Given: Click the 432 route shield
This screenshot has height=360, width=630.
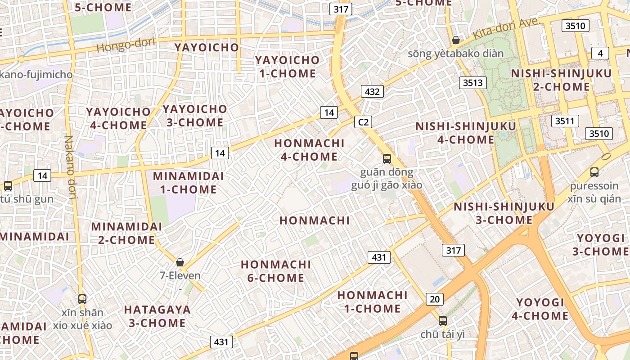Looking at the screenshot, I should pos(372,92).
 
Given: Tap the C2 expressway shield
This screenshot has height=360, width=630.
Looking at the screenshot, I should pos(363,121).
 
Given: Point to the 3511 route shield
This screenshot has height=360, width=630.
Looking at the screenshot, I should pos(565,121).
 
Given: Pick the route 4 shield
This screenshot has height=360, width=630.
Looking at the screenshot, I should pos(600,53).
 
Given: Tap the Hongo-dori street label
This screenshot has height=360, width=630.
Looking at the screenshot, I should pos(126,45).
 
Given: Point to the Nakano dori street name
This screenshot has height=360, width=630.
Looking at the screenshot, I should pos(70,166).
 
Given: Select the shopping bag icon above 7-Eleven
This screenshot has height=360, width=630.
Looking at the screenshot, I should pos(180,262).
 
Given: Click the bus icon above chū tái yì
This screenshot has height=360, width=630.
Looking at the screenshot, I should pos(443,321).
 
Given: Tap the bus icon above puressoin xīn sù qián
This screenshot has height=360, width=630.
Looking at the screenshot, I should pos(594,172).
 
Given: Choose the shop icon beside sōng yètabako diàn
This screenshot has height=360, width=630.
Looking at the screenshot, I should pos(456,40).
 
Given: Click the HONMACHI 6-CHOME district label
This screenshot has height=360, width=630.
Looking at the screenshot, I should pos(275,271).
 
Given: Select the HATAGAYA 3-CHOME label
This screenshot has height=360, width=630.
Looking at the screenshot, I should pos(157,316).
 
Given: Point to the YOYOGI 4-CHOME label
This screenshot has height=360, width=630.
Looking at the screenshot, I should pos(540,309).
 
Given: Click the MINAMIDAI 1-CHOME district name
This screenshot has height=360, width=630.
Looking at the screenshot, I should pos(188,182).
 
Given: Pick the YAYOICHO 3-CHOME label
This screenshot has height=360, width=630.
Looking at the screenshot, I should pos(194,116).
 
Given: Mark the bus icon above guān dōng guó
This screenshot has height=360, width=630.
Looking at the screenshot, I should pos(387,158).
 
